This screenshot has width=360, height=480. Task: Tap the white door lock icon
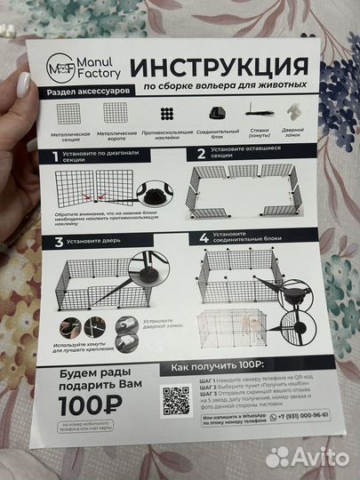292,113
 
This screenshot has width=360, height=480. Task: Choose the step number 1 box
55,154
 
